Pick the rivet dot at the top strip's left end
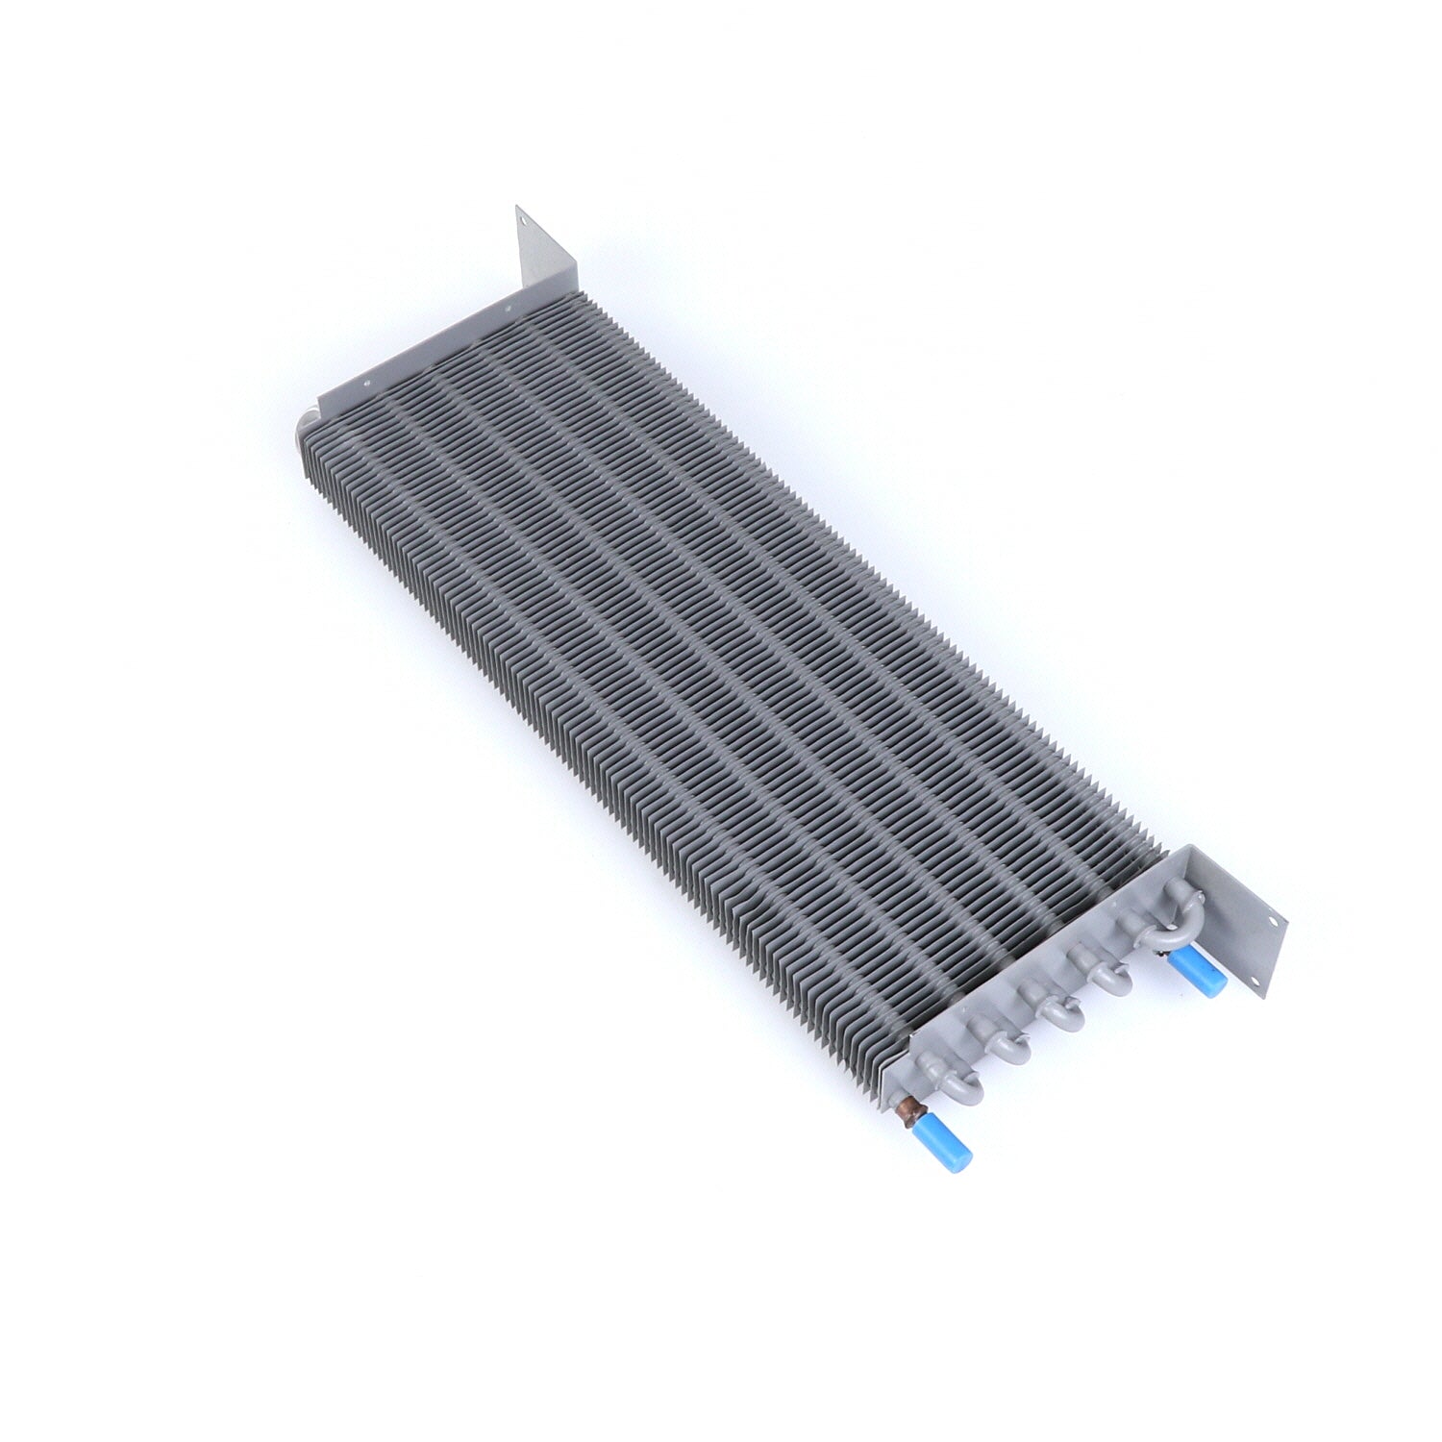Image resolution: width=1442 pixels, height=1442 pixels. coord(366,389)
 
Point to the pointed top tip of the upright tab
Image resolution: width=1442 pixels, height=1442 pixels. coord(518,206)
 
